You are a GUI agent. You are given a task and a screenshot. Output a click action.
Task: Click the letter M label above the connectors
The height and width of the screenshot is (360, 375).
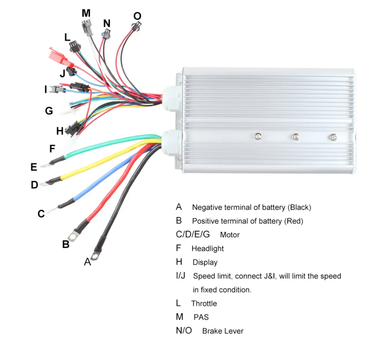[86, 13]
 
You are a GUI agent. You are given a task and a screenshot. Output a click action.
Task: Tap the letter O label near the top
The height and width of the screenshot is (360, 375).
[137, 16]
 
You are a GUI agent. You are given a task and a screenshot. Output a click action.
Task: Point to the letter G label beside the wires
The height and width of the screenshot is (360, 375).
[49, 111]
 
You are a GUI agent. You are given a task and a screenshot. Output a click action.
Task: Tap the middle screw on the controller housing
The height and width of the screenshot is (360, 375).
[296, 136]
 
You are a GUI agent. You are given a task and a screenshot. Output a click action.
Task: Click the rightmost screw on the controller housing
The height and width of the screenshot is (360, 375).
[333, 137]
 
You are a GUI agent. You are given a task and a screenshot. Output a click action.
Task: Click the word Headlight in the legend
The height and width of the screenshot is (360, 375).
[208, 249]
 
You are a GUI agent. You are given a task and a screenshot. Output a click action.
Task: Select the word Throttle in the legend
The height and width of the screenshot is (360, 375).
[204, 303]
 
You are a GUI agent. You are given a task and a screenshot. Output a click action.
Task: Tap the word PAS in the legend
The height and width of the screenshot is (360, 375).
[201, 317]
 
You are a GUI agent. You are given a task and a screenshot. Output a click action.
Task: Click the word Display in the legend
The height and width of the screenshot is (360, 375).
[205, 262]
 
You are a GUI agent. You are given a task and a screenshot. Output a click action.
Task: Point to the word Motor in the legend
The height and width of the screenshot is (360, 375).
[230, 235]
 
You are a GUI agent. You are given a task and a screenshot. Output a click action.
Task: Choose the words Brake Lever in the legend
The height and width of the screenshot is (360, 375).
[223, 331]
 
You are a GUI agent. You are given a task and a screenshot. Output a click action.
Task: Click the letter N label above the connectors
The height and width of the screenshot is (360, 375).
[107, 23]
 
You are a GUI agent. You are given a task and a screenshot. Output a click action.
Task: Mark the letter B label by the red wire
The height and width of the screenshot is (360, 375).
[66, 244]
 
